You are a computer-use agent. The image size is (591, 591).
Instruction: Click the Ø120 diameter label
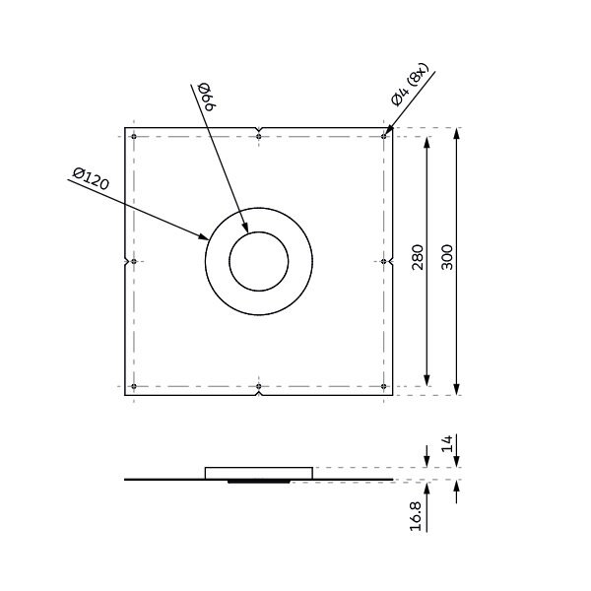tap(91, 178)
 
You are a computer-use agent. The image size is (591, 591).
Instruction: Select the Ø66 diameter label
tap(206, 97)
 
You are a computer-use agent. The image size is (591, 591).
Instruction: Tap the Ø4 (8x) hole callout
tap(410, 85)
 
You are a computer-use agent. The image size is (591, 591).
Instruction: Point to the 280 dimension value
tap(418, 257)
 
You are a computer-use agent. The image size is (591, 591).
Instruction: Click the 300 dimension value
tap(447, 257)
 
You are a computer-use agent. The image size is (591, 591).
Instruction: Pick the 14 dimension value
tap(446, 443)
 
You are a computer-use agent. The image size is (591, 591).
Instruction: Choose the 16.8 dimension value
tap(416, 516)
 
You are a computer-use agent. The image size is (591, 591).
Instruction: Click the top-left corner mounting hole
tap(134, 137)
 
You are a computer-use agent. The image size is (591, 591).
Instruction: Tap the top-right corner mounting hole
tap(384, 137)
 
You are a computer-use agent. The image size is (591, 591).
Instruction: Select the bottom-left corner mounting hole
tap(134, 386)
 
